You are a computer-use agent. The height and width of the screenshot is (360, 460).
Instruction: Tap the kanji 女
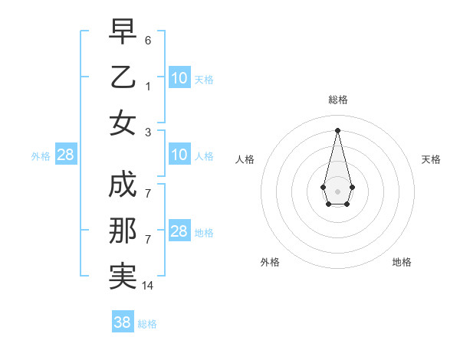coord(123,123)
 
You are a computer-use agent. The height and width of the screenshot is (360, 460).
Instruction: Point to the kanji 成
coord(123,185)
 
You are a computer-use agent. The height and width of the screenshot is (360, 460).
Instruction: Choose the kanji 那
coord(123,231)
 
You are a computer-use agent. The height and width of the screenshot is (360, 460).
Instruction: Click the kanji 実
coord(123,277)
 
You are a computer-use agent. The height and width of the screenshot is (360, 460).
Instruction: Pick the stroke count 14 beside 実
coord(148,286)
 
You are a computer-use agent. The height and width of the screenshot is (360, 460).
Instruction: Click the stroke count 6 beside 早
coord(148,40)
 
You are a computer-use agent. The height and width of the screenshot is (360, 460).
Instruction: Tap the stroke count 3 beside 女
coord(148,132)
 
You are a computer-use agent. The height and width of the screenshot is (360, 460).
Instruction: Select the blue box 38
coord(122,322)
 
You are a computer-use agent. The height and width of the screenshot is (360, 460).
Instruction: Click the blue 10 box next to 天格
coord(179,78)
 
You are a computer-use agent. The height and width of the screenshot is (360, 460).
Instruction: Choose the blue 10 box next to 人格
coord(179,155)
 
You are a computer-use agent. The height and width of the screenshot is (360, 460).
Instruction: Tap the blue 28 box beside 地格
coord(179,231)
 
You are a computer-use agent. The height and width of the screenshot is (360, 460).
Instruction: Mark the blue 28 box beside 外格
coord(66,155)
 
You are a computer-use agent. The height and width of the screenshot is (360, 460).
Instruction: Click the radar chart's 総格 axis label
coord(338,100)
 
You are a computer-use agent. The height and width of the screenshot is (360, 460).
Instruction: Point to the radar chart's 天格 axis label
coord(431,159)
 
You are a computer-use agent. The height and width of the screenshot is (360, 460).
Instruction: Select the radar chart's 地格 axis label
coord(402,262)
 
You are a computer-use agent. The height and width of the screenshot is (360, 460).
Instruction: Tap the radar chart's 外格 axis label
coord(270,262)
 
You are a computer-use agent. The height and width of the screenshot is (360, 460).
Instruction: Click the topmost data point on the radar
coord(337,129)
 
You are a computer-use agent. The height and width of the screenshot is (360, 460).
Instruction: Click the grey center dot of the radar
coord(337,191)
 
